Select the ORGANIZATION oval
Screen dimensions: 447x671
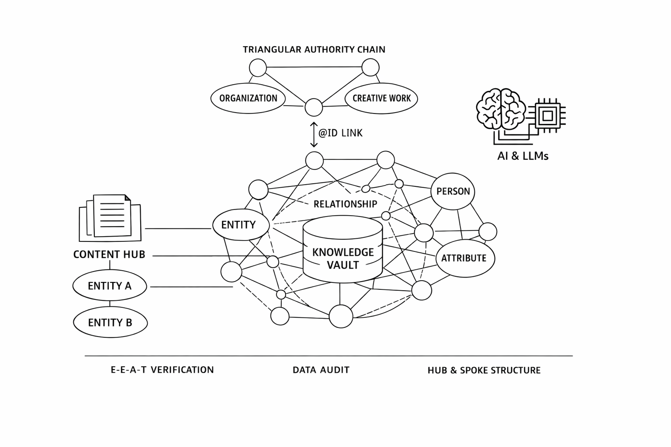click(248, 98)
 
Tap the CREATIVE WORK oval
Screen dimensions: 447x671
click(381, 98)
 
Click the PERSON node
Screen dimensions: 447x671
click(453, 191)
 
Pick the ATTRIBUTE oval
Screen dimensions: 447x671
click(465, 258)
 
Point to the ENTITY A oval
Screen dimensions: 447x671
click(110, 285)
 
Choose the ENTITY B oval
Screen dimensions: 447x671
click(110, 323)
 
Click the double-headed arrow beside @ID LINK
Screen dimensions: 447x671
click(313, 134)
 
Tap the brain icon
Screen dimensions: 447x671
click(501, 109)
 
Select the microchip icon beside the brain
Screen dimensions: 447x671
click(547, 116)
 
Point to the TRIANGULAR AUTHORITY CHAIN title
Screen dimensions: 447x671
click(314, 49)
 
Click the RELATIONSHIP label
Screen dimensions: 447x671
click(345, 204)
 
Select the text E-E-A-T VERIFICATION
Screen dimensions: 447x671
click(162, 370)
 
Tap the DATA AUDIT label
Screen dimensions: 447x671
click(321, 370)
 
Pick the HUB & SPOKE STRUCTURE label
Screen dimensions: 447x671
click(484, 370)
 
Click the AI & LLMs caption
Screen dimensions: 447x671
click(522, 156)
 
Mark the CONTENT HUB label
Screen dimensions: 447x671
click(109, 254)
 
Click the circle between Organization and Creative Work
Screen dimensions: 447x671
click(314, 107)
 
